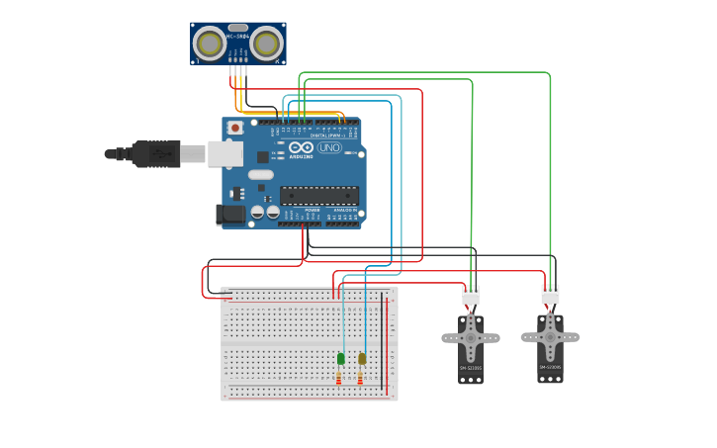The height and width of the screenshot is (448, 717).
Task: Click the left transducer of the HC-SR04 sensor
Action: click(209, 44)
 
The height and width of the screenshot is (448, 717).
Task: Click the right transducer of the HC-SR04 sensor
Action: click(266, 44)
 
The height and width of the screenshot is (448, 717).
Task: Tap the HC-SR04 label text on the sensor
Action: click(237, 37)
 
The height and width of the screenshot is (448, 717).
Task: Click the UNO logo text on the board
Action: click(329, 147)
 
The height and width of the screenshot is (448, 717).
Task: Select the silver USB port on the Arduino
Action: click(224, 153)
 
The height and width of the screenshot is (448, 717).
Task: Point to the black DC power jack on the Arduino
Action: click(231, 214)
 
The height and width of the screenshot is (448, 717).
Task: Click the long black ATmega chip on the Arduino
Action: click(318, 195)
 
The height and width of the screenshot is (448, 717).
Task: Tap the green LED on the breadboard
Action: click(341, 358)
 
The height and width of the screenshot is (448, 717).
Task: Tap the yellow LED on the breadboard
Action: click(362, 358)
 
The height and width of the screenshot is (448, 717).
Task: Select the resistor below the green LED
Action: click(339, 379)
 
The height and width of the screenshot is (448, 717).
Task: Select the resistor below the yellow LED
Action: click(360, 379)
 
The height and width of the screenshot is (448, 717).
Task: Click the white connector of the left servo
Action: click(471, 295)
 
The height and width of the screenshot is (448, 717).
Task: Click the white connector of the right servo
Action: click(550, 295)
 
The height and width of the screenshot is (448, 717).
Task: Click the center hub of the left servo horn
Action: click(471, 338)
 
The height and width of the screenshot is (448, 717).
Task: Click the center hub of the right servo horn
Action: click(550, 337)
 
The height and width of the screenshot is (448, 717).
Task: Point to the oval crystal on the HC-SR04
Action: click(237, 28)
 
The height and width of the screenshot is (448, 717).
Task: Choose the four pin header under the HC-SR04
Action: click(237, 70)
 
